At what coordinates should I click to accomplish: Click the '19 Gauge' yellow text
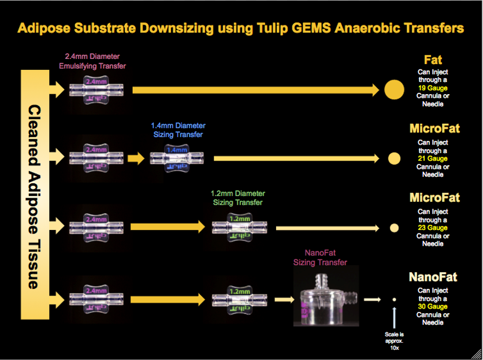pos(433,88)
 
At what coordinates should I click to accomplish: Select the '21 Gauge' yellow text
pos(433,159)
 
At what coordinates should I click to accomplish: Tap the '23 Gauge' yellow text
pos(433,228)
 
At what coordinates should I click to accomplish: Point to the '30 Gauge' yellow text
pos(433,306)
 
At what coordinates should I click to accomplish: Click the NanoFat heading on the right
pos(433,277)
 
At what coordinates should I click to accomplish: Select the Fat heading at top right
pos(433,60)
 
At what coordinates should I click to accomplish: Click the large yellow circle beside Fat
pos(394,89)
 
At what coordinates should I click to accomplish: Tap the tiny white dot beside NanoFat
pos(394,299)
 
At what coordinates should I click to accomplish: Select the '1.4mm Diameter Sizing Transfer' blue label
pos(178,129)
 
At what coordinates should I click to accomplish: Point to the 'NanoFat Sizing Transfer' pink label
pos(321,258)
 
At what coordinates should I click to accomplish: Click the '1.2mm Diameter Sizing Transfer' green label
pos(239,198)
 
